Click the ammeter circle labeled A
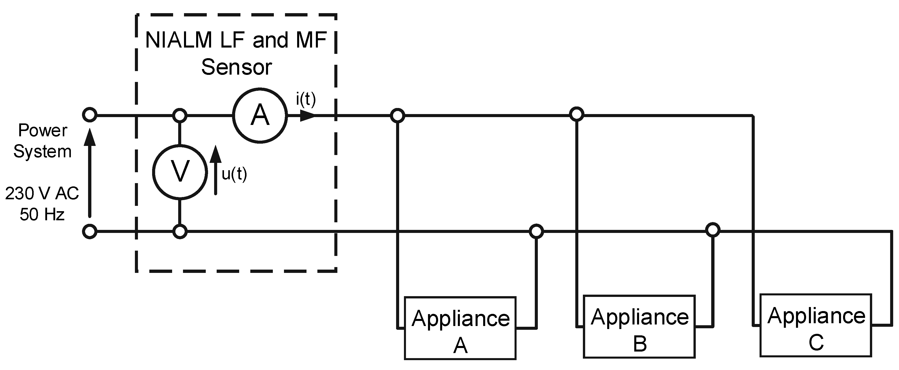(x=260, y=115)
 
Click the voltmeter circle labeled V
(x=180, y=172)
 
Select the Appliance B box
(x=639, y=327)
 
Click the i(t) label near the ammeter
(x=306, y=99)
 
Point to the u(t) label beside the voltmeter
(x=234, y=174)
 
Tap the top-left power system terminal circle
(x=90, y=115)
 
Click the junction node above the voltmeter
(x=180, y=115)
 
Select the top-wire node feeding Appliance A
(x=398, y=115)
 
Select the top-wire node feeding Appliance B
(x=577, y=114)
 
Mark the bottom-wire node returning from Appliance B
(x=713, y=230)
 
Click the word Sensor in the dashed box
(x=237, y=67)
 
